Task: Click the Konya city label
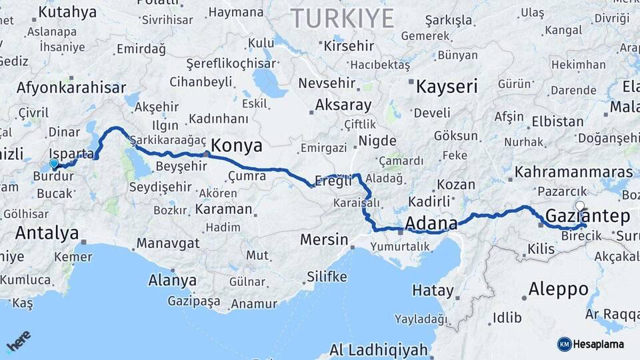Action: pyautogui.click(x=237, y=146)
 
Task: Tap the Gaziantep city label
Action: pyautogui.click(x=587, y=216)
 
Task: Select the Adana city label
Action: pyautogui.click(x=431, y=223)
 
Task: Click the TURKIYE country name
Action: pyautogui.click(x=342, y=19)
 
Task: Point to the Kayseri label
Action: pyautogui.click(x=447, y=86)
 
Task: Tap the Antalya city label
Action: pyautogui.click(x=47, y=233)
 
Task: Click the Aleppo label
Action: pyautogui.click(x=558, y=289)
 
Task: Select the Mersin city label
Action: pyautogui.click(x=325, y=239)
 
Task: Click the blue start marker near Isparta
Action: pyautogui.click(x=54, y=163)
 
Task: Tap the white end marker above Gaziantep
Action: pyautogui.click(x=580, y=206)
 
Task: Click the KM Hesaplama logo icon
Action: pyautogui.click(x=564, y=344)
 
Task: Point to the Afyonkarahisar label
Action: pyautogui.click(x=71, y=88)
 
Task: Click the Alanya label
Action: pyautogui.click(x=173, y=280)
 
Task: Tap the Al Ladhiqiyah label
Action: pyautogui.click(x=378, y=349)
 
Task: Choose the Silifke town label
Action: pyautogui.click(x=327, y=276)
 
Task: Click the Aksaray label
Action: pyautogui.click(x=343, y=105)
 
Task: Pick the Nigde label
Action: pyautogui.click(x=377, y=141)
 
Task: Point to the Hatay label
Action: pyautogui.click(x=433, y=291)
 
